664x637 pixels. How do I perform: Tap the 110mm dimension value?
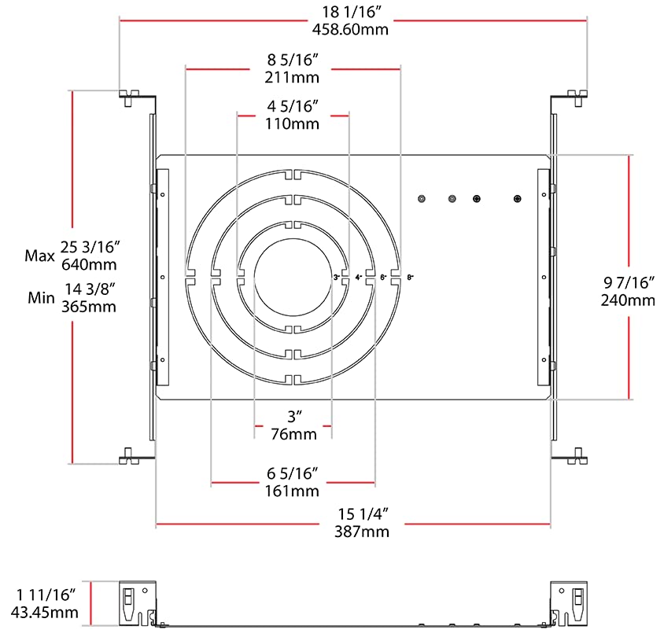click(x=292, y=123)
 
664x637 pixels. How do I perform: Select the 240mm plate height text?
click(x=628, y=300)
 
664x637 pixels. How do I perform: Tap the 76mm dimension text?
click(x=292, y=434)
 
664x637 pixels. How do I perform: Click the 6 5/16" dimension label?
click(x=292, y=473)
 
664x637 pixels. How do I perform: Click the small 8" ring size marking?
click(x=410, y=278)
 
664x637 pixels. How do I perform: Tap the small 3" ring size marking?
click(x=337, y=278)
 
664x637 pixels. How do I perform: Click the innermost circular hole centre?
click(x=292, y=276)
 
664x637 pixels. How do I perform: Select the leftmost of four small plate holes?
click(x=422, y=199)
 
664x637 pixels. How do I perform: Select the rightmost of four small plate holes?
click(x=517, y=199)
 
